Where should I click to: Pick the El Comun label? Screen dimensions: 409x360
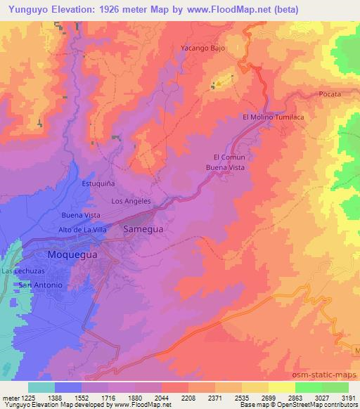click(x=229, y=157)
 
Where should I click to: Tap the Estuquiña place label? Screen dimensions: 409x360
click(x=98, y=183)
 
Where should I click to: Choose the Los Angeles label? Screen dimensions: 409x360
click(x=132, y=201)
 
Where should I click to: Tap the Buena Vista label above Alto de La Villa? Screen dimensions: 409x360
click(x=82, y=214)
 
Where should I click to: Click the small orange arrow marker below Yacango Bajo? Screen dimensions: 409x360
click(x=219, y=84)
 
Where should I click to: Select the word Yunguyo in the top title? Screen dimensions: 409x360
click(x=30, y=10)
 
